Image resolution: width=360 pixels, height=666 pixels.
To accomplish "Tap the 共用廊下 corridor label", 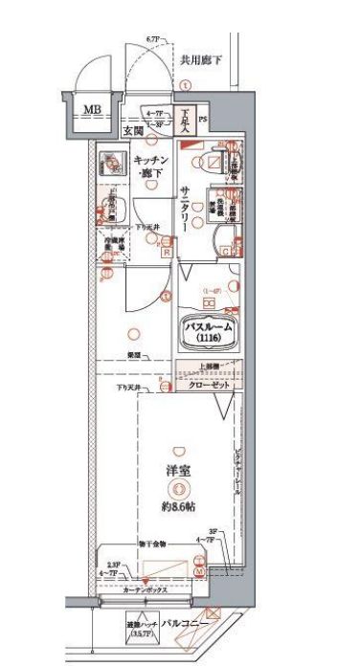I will pyautogui.click(x=202, y=60).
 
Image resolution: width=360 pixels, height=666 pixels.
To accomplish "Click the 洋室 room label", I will pyautogui.click(x=176, y=472).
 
